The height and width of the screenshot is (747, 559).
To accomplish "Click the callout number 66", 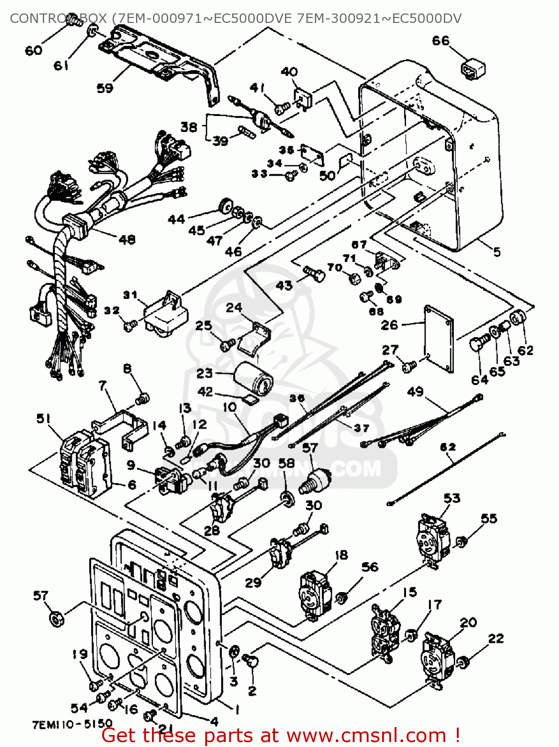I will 440,41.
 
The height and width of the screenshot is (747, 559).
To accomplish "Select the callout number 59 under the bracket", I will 105,88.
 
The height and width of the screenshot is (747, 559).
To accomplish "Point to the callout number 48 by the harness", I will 127,240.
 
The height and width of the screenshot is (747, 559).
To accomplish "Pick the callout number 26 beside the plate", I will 390,325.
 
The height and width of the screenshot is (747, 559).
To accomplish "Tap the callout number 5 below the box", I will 497,252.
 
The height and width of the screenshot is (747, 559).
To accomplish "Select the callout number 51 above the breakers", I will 43,419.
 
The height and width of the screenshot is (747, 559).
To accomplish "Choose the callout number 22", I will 496,638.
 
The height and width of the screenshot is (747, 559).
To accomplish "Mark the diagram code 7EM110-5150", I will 72,724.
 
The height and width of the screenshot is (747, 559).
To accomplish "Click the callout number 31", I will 130,295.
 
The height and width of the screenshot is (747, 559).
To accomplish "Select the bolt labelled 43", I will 314,273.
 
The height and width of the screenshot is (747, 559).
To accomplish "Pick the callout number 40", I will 289,72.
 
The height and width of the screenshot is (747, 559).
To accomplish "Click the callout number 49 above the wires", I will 415,391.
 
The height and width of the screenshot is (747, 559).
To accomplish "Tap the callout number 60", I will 33,50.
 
